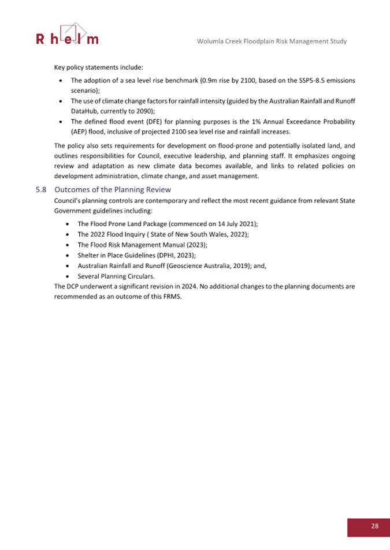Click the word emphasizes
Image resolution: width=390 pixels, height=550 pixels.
coord(285,156)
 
